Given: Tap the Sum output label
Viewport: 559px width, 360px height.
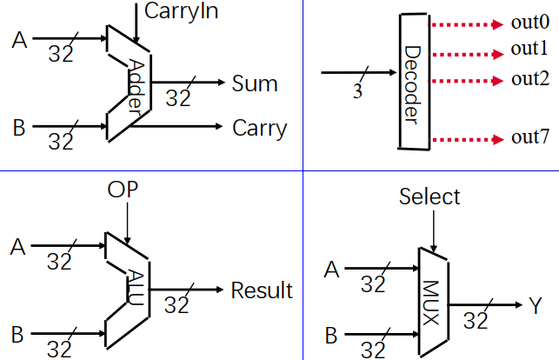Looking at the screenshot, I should coord(255,83).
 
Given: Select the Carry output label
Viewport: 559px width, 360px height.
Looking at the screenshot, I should coord(259,128).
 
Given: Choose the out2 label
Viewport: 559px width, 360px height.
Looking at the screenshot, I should coord(529,79).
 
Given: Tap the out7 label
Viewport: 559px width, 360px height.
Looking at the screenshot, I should coord(529,137).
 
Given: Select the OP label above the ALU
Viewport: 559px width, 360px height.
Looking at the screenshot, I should coord(123,190).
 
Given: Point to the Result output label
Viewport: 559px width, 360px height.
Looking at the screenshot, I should coord(262,290).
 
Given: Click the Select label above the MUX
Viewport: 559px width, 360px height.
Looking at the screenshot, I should coord(429,197).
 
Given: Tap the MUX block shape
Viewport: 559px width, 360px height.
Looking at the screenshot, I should coord(431,302).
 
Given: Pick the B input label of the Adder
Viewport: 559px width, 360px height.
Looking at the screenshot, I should coord(18,129).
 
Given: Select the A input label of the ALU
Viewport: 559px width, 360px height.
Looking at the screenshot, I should coord(17,247).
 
